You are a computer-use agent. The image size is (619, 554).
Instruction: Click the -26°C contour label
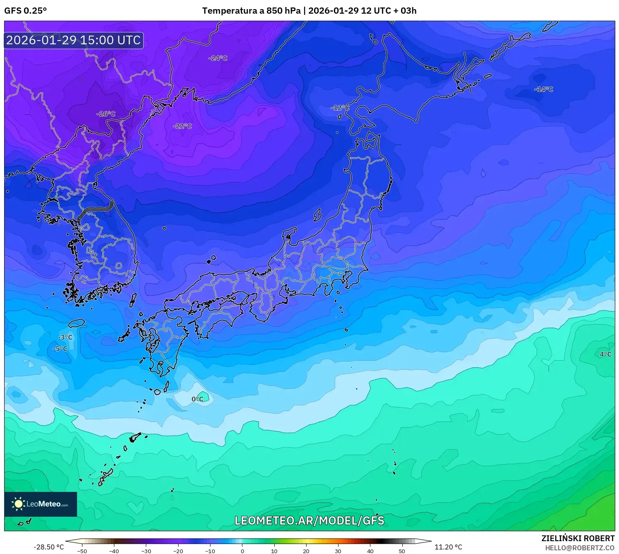tap(106, 114)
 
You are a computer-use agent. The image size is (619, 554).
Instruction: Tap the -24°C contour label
tap(218, 58)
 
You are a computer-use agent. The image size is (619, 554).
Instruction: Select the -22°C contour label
tap(182, 126)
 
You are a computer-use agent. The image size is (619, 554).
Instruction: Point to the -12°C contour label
tap(340, 108)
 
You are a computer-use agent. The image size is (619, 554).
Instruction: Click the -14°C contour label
tap(544, 89)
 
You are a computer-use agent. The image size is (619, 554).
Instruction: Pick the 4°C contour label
tap(605, 354)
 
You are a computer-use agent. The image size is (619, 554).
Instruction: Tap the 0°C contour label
tap(198, 399)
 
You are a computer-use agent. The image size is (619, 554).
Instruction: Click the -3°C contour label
tap(65, 337)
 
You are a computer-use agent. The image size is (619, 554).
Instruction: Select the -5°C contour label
tap(60, 349)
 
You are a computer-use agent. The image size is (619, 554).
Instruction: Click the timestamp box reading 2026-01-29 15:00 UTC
tap(74, 40)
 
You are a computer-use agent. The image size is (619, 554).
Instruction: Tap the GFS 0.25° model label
tap(26, 11)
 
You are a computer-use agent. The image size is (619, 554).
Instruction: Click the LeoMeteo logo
tap(41, 504)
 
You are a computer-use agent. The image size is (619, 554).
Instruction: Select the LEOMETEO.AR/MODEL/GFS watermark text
tap(309, 520)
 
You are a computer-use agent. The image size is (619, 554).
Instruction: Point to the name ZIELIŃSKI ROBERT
tap(578, 538)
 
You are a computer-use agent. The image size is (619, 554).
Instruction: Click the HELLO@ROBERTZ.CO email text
tap(580, 548)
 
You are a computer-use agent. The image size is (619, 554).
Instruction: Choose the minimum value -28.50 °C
tap(48, 547)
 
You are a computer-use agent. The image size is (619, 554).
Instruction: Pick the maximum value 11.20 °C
tap(448, 547)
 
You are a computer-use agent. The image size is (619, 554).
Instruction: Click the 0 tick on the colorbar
tap(242, 551)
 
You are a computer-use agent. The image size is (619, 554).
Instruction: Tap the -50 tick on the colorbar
tap(82, 551)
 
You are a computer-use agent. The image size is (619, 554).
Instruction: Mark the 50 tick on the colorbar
tap(402, 551)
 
